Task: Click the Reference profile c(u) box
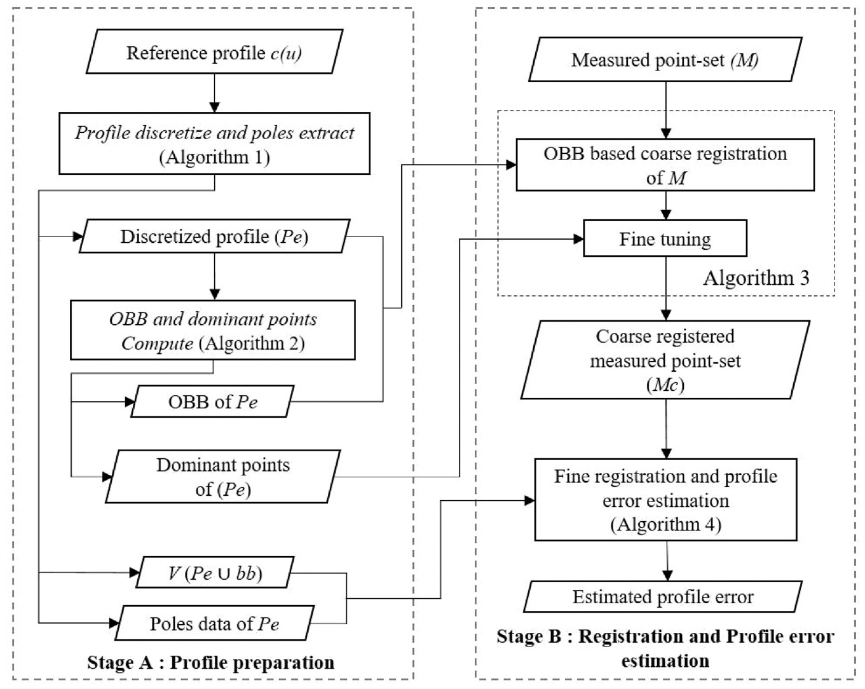point(215,51)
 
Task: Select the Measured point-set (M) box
point(665,60)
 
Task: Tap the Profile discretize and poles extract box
point(215,144)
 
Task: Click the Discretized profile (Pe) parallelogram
point(215,236)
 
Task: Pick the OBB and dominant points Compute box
point(213,330)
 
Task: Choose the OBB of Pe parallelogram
point(213,402)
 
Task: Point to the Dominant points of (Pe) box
point(223,477)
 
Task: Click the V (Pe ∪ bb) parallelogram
point(215,573)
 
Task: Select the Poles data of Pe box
point(215,623)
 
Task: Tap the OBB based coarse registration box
point(665,165)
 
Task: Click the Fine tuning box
point(665,238)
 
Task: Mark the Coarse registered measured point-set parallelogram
point(665,360)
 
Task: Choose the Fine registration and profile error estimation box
point(665,500)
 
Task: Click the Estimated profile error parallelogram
point(663,597)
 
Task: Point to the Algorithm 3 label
point(756,278)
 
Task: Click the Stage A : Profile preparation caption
point(210,662)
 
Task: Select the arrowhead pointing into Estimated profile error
point(667,576)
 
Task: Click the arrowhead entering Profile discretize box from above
point(215,107)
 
